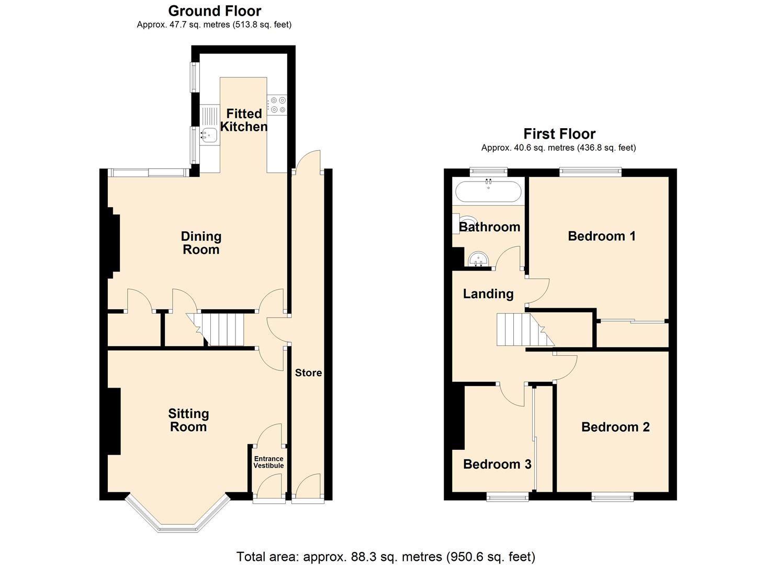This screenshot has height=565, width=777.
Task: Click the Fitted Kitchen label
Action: (243, 120)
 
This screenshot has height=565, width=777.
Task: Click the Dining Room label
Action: (201, 243)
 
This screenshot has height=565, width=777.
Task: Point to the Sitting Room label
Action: (188, 420)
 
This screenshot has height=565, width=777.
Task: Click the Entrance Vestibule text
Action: (268, 462)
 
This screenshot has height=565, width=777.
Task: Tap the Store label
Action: (308, 373)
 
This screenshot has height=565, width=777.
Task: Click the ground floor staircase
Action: (222, 329)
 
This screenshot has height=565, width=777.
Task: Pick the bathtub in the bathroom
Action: (488, 191)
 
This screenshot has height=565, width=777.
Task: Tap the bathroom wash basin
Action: (478, 258)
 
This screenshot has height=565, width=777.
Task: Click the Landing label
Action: (488, 294)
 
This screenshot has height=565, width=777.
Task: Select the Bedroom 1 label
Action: (602, 236)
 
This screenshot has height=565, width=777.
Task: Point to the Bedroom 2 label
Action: (615, 427)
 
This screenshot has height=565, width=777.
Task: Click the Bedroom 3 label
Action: (497, 465)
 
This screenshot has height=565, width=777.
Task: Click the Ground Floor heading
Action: (215, 11)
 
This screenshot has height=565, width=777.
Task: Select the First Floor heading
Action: (559, 134)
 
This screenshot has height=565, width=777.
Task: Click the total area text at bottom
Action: (386, 557)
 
